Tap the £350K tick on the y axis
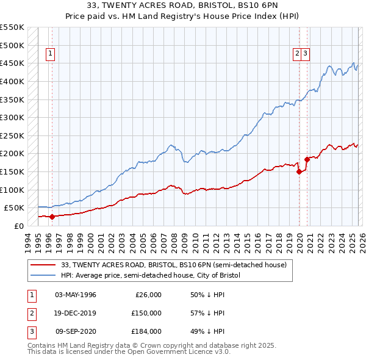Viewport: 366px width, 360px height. click(12, 99)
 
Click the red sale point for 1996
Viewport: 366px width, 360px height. click(52, 216)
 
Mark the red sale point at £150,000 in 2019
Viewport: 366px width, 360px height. click(299, 171)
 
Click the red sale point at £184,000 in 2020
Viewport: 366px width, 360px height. click(307, 159)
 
